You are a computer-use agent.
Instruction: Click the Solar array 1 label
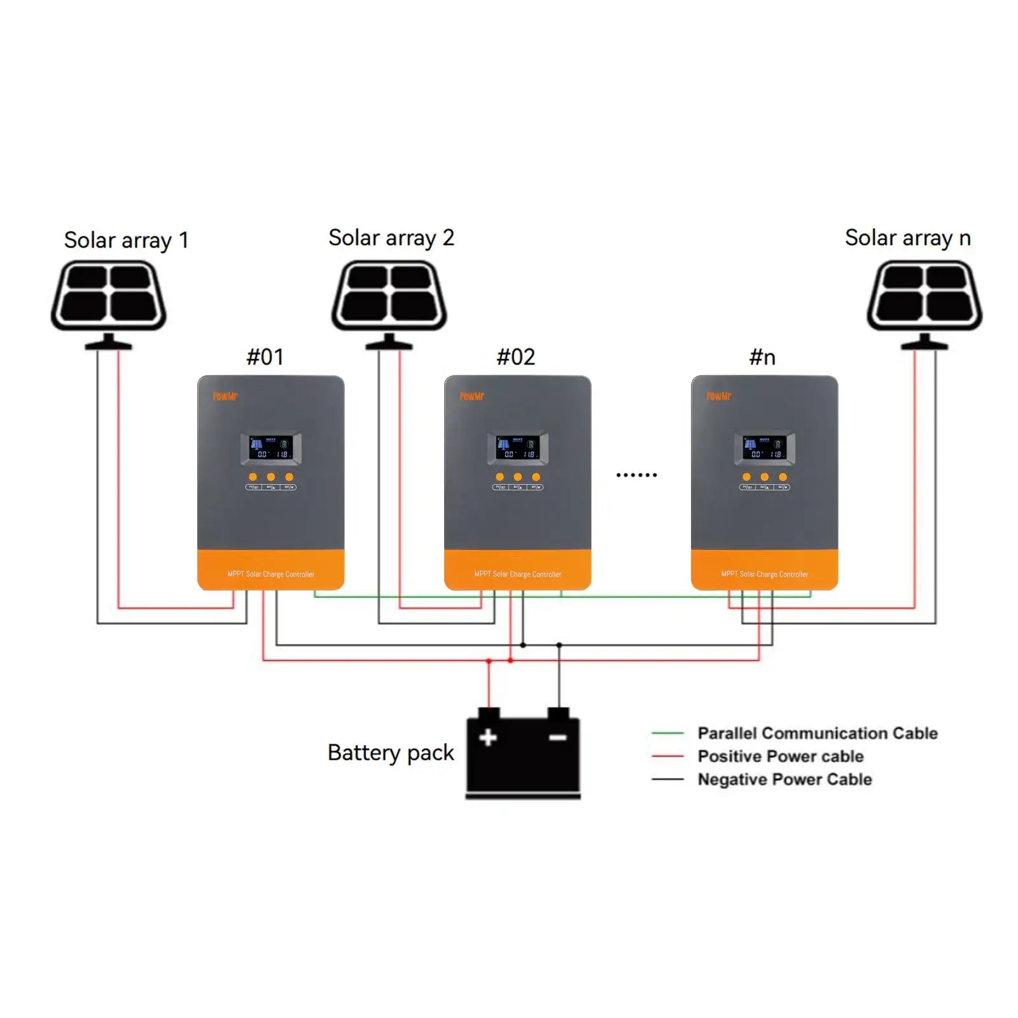coord(126,241)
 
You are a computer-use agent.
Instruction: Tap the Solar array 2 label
coord(391,238)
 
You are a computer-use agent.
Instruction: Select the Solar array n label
coord(907,238)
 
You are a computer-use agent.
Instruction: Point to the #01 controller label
coord(265,357)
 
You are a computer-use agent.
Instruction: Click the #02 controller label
coord(515,357)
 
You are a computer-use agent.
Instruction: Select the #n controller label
coord(762,357)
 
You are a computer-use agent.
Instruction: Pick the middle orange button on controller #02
coord(517,477)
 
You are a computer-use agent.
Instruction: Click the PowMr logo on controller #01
coord(225,396)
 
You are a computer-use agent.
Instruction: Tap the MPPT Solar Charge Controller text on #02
coord(517,574)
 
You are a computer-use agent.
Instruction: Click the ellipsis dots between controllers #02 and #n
coord(636,475)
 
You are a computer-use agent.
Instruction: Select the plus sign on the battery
coord(488,737)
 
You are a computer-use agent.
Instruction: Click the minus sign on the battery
coord(557,737)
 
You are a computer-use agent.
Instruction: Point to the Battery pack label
coord(390,753)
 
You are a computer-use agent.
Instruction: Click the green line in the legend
coord(667,734)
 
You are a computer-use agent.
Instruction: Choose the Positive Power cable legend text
coord(780,757)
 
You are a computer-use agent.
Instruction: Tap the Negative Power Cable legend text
coord(784,779)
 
